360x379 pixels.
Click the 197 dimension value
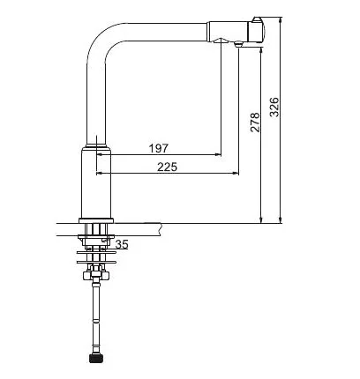coord(159,148)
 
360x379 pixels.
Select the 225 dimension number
coord(167,167)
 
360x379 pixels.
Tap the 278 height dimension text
coord(255,123)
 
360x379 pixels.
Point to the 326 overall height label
coord(274,108)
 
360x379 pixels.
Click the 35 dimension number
coord(122,244)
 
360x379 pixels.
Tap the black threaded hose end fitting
coord(95,359)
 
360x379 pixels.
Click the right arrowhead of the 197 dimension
coord(218,154)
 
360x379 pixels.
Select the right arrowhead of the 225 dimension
coord(236,174)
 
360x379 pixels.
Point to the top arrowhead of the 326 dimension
coord(281,20)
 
